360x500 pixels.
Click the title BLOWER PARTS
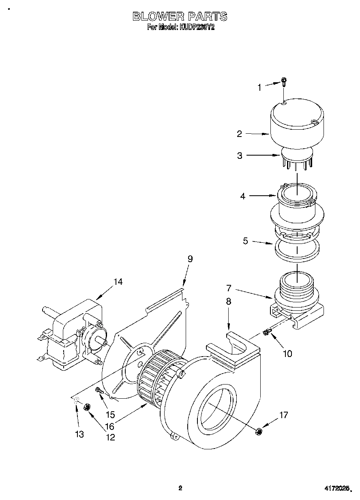click(180, 16)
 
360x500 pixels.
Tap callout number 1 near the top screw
click(260, 87)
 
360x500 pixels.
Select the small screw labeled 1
click(284, 82)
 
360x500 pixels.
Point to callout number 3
click(240, 156)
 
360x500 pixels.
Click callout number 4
click(242, 196)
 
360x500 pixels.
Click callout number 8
click(229, 301)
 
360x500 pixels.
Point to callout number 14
click(118, 282)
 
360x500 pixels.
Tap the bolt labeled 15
click(98, 390)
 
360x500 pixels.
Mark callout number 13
click(79, 434)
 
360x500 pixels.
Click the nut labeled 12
click(86, 407)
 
